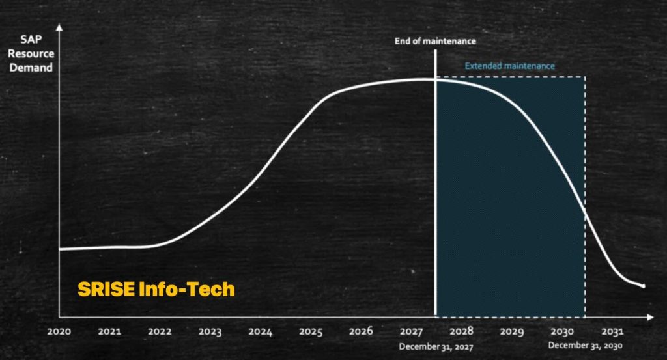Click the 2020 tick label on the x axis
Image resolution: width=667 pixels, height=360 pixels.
coord(59,331)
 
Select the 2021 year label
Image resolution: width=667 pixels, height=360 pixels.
coord(109,331)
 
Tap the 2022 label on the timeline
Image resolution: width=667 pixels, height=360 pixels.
coord(160,331)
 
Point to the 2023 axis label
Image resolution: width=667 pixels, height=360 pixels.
coord(210,331)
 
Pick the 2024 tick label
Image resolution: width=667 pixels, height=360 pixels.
coord(261,331)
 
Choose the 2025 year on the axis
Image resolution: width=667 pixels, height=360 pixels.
coord(311,331)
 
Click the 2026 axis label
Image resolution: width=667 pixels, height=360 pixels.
coord(361,331)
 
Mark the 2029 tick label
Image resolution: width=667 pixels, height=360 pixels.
coord(512,331)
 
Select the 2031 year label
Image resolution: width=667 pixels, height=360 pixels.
coord(612,331)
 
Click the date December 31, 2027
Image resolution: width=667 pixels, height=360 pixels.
coord(436,347)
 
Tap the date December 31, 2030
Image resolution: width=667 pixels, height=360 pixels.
coord(586,346)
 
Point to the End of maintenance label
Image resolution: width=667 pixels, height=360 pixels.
coord(435,41)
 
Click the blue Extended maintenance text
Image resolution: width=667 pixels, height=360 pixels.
coord(509,66)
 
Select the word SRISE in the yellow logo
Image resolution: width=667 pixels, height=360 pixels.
coord(106,290)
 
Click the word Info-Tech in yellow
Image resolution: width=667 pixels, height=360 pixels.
coord(187,290)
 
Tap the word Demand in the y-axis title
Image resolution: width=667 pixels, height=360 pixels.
coord(31,68)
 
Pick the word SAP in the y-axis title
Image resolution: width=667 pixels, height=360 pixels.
coord(31,40)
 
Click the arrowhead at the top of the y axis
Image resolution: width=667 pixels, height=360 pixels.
coord(59,27)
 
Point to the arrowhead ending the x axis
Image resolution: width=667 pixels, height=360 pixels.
coord(650,317)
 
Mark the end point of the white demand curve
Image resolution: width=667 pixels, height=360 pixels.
coord(644,286)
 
